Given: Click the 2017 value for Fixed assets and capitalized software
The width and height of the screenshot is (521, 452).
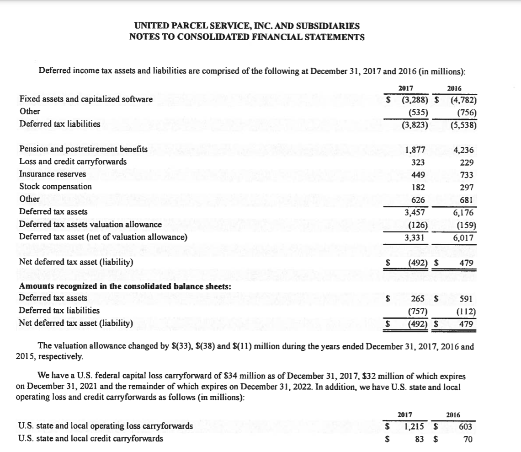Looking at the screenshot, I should (x=414, y=99).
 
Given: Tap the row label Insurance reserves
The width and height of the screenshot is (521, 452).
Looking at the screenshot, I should (x=53, y=174).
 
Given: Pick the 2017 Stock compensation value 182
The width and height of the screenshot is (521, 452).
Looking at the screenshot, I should (x=419, y=187).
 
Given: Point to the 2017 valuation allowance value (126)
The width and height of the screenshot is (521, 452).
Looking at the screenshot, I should (x=417, y=225).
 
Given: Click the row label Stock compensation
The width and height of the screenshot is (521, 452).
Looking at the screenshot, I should (x=55, y=186).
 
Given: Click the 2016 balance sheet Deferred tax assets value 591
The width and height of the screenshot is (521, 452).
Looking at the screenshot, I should (x=466, y=299).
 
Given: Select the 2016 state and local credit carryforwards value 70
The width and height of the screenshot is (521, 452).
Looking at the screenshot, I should (x=468, y=439).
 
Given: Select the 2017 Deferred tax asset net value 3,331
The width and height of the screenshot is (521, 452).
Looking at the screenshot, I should (x=415, y=238).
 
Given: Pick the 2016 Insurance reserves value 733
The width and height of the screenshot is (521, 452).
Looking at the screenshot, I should (x=466, y=174).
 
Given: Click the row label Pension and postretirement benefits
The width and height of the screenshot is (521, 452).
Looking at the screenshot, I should (x=83, y=149).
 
